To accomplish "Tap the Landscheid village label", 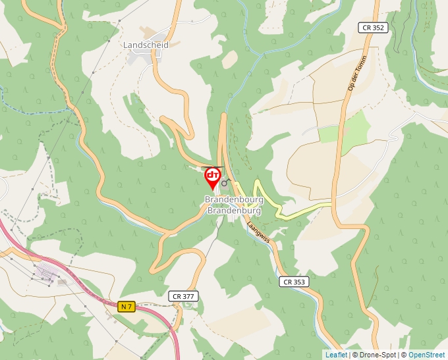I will click(x=146, y=45).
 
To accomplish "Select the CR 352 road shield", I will click(x=373, y=28).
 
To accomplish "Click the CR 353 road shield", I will click(x=294, y=282).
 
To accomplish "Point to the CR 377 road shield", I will click(x=182, y=296).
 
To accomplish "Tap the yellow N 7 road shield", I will click(x=127, y=307).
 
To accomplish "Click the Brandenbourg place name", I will click(x=234, y=199).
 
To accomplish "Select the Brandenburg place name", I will click(x=234, y=211).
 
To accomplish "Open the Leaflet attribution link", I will click(x=336, y=355).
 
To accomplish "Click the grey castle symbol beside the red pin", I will click(x=225, y=183).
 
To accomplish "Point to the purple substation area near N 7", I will click(x=46, y=272).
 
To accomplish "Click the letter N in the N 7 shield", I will click(x=124, y=307).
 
